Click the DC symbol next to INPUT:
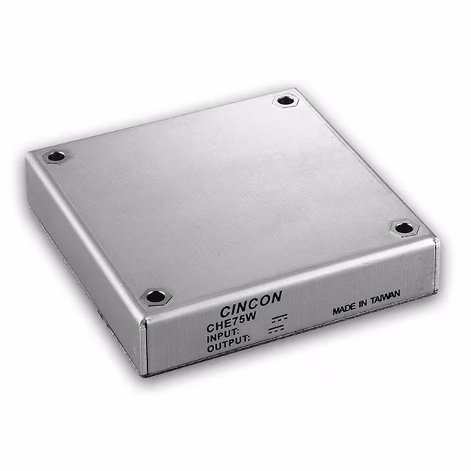click(x=277, y=319)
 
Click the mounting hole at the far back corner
click(x=284, y=100)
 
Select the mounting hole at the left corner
click(x=56, y=156)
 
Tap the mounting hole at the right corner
click(x=404, y=228)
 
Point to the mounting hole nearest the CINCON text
click(x=156, y=297)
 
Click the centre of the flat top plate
click(x=228, y=191)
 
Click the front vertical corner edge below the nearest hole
click(x=145, y=342)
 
